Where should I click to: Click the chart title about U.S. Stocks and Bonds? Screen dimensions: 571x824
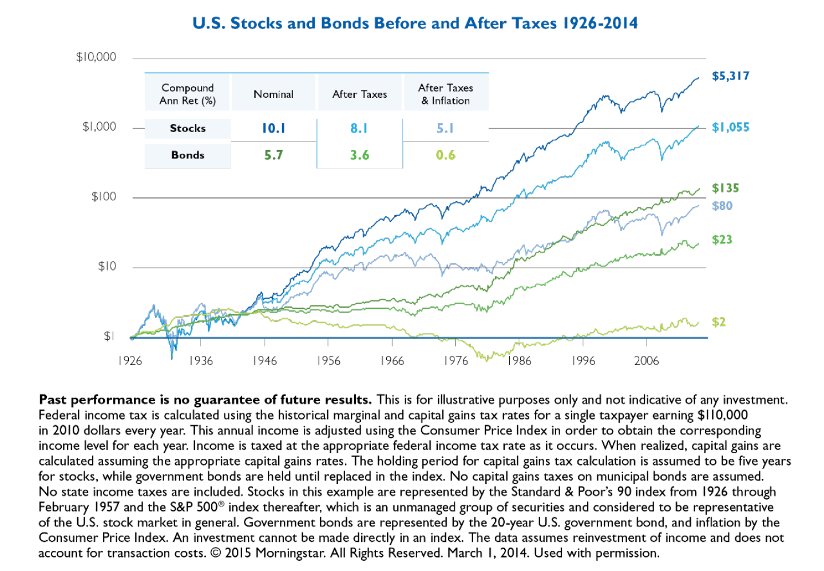point(415,23)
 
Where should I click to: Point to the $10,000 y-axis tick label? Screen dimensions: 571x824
point(96,57)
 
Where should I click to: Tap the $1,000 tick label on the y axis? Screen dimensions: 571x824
point(100,127)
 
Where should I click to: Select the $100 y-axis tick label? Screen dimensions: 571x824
point(104,197)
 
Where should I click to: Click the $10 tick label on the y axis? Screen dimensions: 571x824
point(107,267)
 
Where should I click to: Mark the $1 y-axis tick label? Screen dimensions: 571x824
point(109,336)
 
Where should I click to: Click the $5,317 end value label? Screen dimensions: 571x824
point(730,76)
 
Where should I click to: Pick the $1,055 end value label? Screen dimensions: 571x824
point(730,127)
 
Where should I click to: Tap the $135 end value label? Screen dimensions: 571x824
point(725,188)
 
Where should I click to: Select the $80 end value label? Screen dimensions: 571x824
point(722,205)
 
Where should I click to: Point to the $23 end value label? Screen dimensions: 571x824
point(722,240)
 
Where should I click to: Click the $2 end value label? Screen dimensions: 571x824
point(719,322)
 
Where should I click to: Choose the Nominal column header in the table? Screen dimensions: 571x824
point(274,94)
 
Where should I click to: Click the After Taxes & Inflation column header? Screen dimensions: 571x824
point(446,94)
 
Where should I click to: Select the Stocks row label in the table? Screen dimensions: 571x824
point(188,128)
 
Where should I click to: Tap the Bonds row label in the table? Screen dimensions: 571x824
point(188,155)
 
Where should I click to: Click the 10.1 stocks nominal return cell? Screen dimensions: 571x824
point(274,128)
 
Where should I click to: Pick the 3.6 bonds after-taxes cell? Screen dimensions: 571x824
point(359,155)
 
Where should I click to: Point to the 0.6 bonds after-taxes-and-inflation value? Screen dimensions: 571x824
point(446,155)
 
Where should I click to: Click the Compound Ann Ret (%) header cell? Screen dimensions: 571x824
point(188,94)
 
